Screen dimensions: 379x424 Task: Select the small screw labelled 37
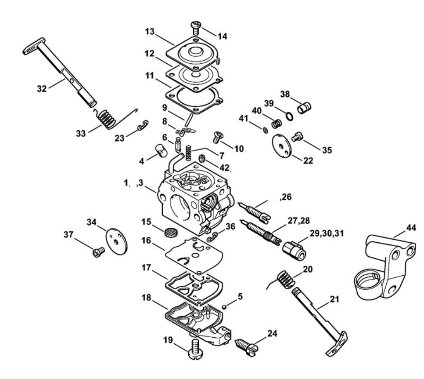[98, 252]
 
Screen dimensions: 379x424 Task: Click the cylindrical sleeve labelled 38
[304, 107]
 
